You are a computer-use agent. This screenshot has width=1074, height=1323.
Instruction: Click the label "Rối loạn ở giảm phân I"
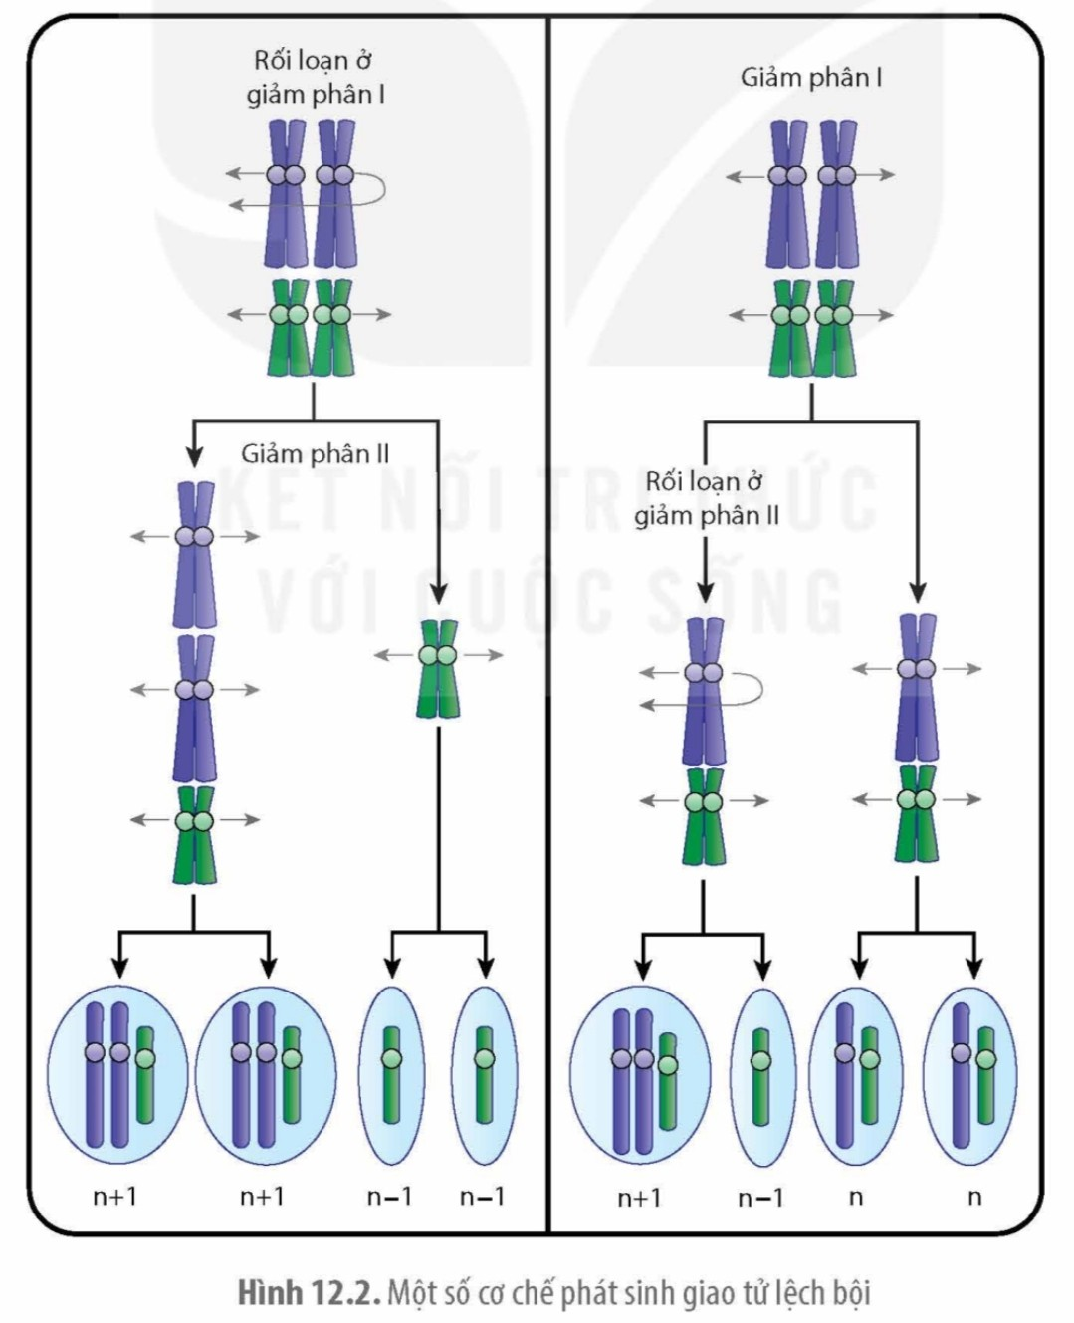pyautogui.click(x=314, y=77)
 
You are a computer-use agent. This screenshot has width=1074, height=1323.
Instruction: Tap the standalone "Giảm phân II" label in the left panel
pyautogui.click(x=315, y=454)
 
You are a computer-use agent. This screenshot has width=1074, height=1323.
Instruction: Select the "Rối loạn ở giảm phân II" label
pyautogui.click(x=706, y=498)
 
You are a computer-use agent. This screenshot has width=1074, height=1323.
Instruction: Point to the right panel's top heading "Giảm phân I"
pyautogui.click(x=810, y=78)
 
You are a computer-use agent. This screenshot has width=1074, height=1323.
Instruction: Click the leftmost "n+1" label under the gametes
pyautogui.click(x=114, y=1196)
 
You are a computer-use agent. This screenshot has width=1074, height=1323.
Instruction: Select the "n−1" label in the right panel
pyautogui.click(x=760, y=1197)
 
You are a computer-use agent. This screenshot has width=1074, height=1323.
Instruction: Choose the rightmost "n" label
pyautogui.click(x=973, y=1196)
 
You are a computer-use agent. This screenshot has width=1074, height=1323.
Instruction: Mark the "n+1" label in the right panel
pyautogui.click(x=639, y=1197)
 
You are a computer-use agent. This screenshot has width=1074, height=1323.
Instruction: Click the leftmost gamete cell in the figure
pyautogui.click(x=117, y=1074)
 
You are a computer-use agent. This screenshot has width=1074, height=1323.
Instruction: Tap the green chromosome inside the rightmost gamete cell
pyautogui.click(x=985, y=1074)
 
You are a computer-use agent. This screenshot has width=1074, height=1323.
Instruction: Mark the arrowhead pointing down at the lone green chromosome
pyautogui.click(x=438, y=595)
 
